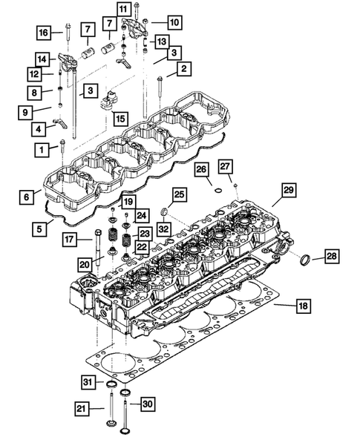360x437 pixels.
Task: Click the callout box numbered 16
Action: [44, 32]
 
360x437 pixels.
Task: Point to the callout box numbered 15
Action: [119, 118]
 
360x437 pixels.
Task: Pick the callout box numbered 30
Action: [148, 404]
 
